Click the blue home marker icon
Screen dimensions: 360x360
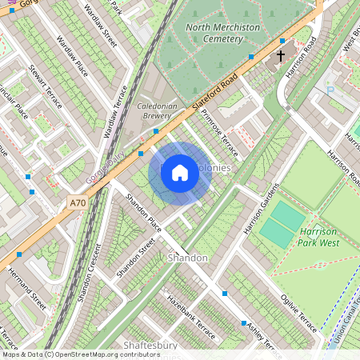click(x=180, y=172)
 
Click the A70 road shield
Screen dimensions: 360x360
click(x=78, y=204)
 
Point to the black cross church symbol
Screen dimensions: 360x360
click(x=281, y=56)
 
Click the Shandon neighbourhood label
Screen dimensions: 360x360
click(x=188, y=258)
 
